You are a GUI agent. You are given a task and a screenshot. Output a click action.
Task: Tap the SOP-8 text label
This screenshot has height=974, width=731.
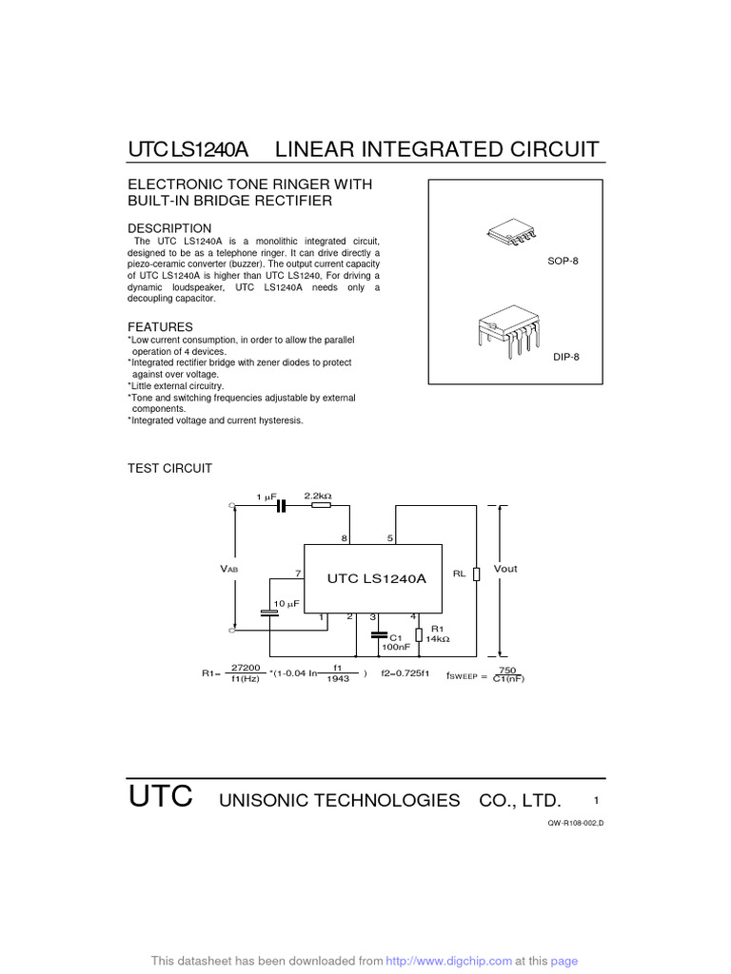[563, 260]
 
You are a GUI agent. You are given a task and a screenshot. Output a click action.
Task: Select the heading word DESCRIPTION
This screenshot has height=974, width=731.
[169, 228]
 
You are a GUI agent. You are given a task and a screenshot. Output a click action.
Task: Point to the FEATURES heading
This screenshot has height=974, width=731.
[160, 326]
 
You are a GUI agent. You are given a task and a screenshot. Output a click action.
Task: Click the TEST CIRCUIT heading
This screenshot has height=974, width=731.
[169, 468]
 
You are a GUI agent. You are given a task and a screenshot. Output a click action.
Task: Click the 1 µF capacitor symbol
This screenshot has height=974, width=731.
[280, 507]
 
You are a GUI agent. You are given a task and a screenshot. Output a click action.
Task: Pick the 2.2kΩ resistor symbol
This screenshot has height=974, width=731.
[321, 507]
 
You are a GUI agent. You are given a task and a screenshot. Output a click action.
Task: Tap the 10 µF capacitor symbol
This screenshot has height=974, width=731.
[269, 613]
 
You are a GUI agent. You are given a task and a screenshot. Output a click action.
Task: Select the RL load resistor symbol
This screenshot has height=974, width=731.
[476, 573]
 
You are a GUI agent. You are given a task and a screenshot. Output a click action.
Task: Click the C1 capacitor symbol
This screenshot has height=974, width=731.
[379, 634]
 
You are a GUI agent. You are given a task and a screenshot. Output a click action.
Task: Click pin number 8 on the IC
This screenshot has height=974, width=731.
[345, 538]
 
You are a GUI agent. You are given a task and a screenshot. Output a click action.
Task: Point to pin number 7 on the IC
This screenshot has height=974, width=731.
[298, 574]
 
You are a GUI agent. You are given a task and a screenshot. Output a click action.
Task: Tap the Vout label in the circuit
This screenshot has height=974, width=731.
[506, 569]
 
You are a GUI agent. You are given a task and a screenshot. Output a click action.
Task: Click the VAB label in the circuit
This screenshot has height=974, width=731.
[229, 569]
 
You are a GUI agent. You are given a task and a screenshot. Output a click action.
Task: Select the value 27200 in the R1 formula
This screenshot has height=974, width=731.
[246, 668]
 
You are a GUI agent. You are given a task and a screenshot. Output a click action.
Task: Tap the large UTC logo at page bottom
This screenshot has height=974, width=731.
[160, 797]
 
